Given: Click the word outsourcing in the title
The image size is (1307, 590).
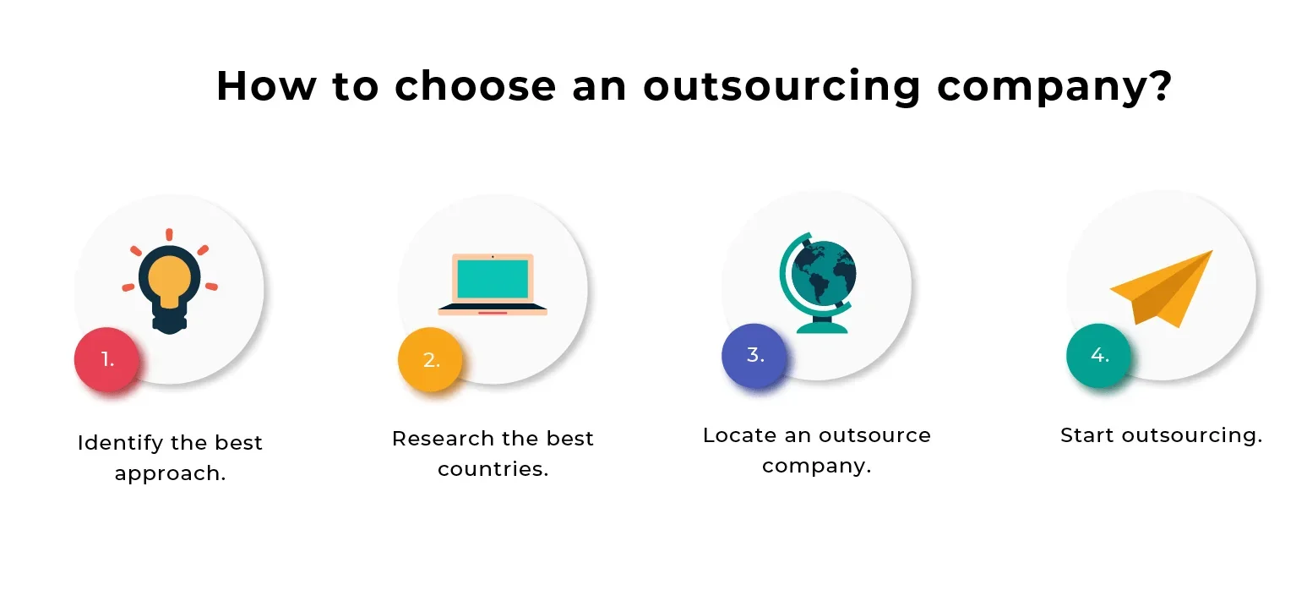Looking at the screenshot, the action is pyautogui.click(x=781, y=86).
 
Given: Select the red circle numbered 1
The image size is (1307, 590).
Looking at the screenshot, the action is pyautogui.click(x=106, y=359).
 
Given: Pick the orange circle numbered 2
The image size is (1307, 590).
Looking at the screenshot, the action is pyautogui.click(x=431, y=359).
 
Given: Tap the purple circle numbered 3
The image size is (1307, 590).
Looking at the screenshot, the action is pyautogui.click(x=754, y=355).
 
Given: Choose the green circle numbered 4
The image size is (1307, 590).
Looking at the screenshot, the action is pyautogui.click(x=1098, y=355).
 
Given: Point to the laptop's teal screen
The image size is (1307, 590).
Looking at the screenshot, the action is pyautogui.click(x=493, y=279).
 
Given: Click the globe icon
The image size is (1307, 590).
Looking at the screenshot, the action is pyautogui.click(x=818, y=282).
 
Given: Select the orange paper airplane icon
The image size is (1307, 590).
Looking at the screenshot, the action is pyautogui.click(x=1162, y=289).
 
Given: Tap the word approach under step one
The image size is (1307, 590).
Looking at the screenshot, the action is pyautogui.click(x=170, y=473).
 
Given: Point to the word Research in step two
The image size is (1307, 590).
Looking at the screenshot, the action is pyautogui.click(x=443, y=438).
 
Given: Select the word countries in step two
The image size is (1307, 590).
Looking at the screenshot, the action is pyautogui.click(x=493, y=468).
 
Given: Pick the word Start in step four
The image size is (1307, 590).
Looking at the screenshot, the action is pyautogui.click(x=1087, y=435).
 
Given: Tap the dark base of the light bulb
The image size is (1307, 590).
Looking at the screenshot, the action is pyautogui.click(x=169, y=321).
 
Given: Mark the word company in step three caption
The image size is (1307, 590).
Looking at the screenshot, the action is pyautogui.click(x=816, y=467).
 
